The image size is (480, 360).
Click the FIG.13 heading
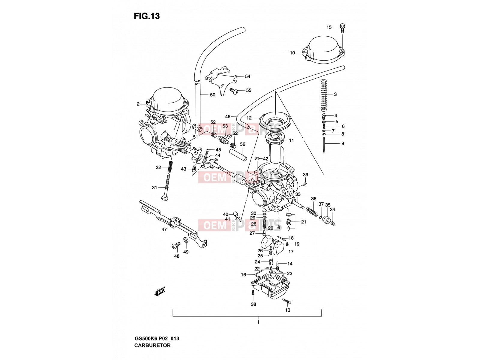(147, 16)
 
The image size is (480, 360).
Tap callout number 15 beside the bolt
(329, 27)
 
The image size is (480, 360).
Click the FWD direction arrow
(160, 291)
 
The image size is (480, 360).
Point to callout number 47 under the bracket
(164, 229)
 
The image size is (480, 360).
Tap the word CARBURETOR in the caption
(152, 345)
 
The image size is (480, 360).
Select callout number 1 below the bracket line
(258, 322)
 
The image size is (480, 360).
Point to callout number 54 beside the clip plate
(247, 76)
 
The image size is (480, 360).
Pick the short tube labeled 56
(238, 154)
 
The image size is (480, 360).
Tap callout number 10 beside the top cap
(292, 53)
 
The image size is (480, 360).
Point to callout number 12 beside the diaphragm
(249, 118)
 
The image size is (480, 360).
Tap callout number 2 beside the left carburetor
(138, 104)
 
